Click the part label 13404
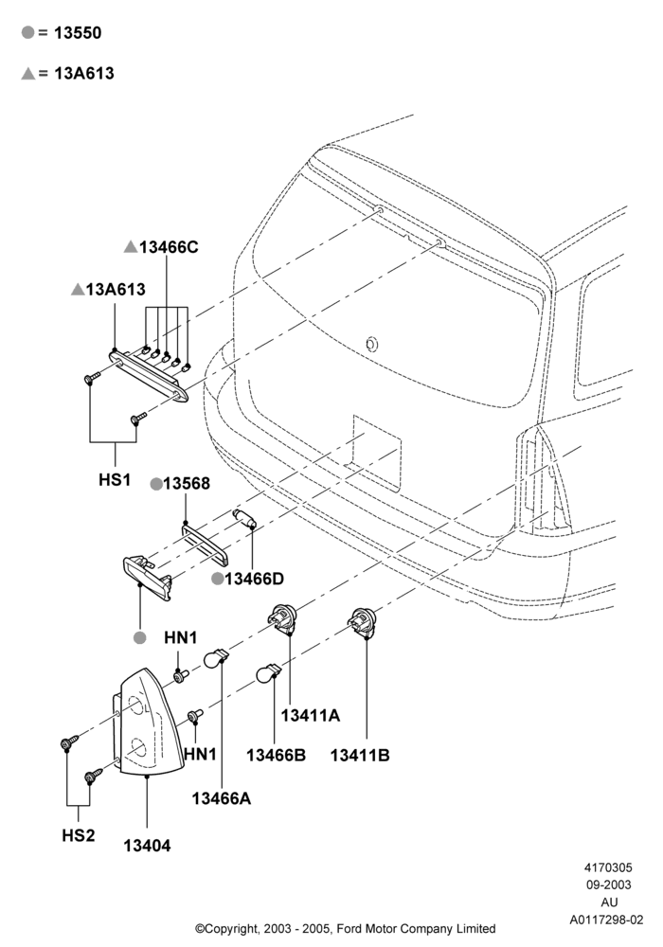147,846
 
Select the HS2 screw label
79,835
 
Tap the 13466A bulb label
221,797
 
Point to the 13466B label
276,755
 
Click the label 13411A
311,715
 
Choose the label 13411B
360,755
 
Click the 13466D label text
254,579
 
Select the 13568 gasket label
187,483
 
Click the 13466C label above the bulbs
169,247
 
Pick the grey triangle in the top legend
27,73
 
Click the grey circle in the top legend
27,32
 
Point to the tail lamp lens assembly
149,722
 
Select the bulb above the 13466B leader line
269,672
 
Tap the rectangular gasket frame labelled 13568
204,544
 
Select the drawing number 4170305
608,867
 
